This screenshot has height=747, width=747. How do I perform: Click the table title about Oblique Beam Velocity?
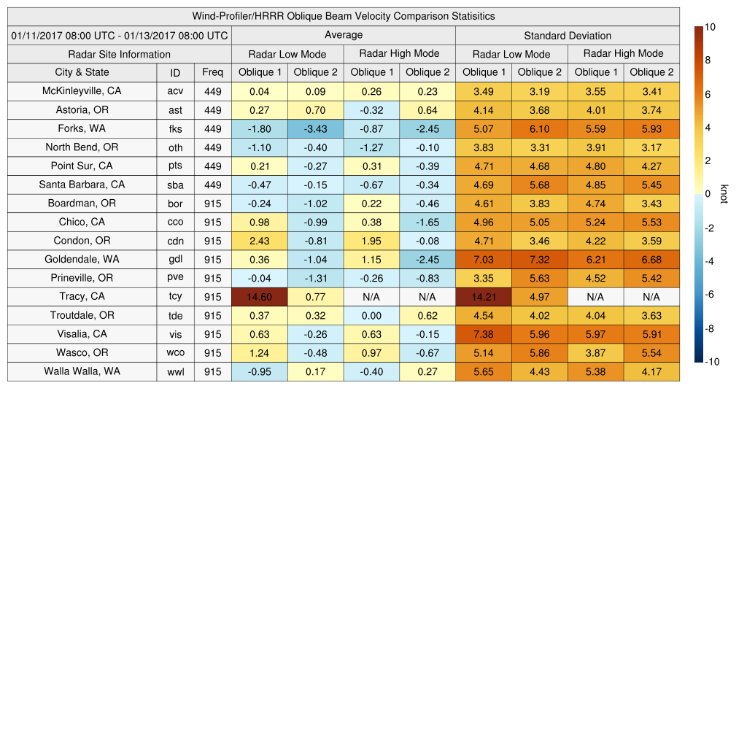344,16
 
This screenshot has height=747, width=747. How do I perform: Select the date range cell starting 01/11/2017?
120,35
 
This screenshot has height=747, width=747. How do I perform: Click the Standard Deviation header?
568,35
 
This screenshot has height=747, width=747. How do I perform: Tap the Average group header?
344,35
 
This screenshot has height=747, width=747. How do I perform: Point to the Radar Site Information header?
120,54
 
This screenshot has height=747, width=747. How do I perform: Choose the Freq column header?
213,72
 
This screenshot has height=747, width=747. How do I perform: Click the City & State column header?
82,72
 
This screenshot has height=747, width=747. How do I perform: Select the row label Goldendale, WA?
82,259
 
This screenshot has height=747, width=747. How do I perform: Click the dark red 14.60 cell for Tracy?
260,297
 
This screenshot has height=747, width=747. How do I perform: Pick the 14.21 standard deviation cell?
484,297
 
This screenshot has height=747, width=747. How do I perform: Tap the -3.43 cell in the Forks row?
315,129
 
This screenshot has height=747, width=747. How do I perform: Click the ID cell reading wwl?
175,372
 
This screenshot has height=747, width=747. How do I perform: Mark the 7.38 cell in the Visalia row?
484,334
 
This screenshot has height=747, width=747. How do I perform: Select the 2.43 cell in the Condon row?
260,241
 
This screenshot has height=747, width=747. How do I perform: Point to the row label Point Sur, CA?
82,166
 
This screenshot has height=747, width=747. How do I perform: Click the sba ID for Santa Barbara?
175,185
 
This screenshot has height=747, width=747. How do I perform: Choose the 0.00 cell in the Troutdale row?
371,315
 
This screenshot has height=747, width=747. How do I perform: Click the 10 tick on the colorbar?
710,27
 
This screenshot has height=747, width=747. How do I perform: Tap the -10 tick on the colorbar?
711,362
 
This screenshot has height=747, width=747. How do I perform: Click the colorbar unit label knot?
724,194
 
